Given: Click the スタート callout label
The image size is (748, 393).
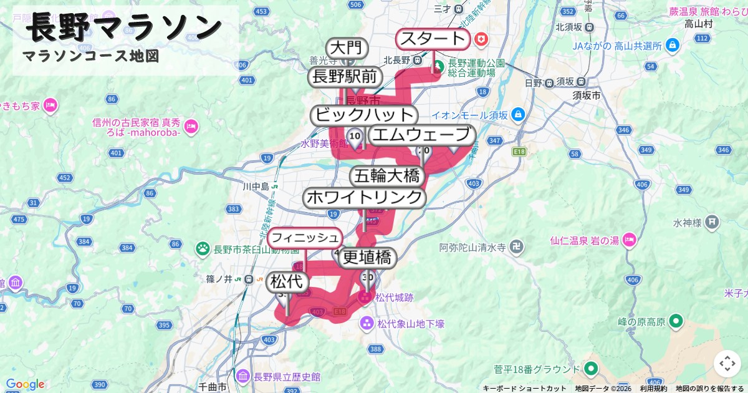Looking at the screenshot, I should click(x=433, y=39).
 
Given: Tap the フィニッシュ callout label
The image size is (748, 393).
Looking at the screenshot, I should click(x=305, y=238).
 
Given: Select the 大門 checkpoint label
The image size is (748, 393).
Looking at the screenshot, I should click(x=346, y=48).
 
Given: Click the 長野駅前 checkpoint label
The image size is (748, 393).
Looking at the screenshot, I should click(x=345, y=77).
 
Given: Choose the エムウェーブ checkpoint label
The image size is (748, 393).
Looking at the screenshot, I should click(x=421, y=135).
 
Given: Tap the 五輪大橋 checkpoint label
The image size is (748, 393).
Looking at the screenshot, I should click(x=386, y=176).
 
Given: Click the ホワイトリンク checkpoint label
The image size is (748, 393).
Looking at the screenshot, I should click(x=365, y=198).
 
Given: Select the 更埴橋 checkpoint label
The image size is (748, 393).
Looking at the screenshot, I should click(x=368, y=257).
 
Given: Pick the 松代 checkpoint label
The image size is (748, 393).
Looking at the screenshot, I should click(x=287, y=282).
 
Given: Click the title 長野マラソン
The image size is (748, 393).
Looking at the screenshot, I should click(x=125, y=27).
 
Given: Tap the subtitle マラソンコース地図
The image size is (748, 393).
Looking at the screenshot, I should click(x=90, y=56).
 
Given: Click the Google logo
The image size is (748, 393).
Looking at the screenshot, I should click(x=25, y=384).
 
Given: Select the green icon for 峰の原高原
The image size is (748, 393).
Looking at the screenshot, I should click(x=676, y=322).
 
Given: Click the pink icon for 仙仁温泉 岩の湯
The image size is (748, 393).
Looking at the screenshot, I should click(x=629, y=240).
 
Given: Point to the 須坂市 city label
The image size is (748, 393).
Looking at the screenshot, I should click(x=587, y=96).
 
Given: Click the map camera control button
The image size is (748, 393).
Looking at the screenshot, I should click(x=727, y=364).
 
